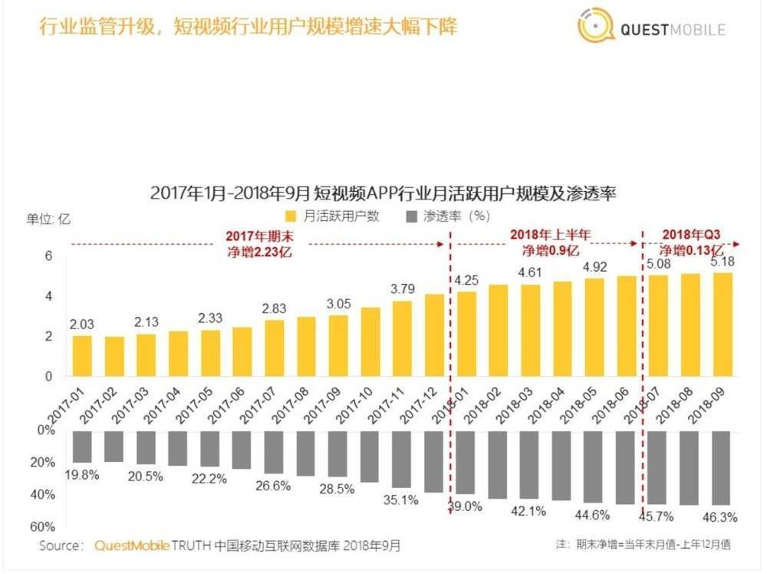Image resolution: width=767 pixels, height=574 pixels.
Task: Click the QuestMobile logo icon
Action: [x=595, y=28]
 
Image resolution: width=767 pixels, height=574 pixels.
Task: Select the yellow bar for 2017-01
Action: [x=82, y=356]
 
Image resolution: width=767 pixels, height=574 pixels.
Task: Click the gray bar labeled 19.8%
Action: [x=82, y=447]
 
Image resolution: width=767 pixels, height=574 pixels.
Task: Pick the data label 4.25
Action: [x=468, y=279]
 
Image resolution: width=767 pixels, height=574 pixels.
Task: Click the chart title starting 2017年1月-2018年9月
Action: [x=383, y=192]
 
